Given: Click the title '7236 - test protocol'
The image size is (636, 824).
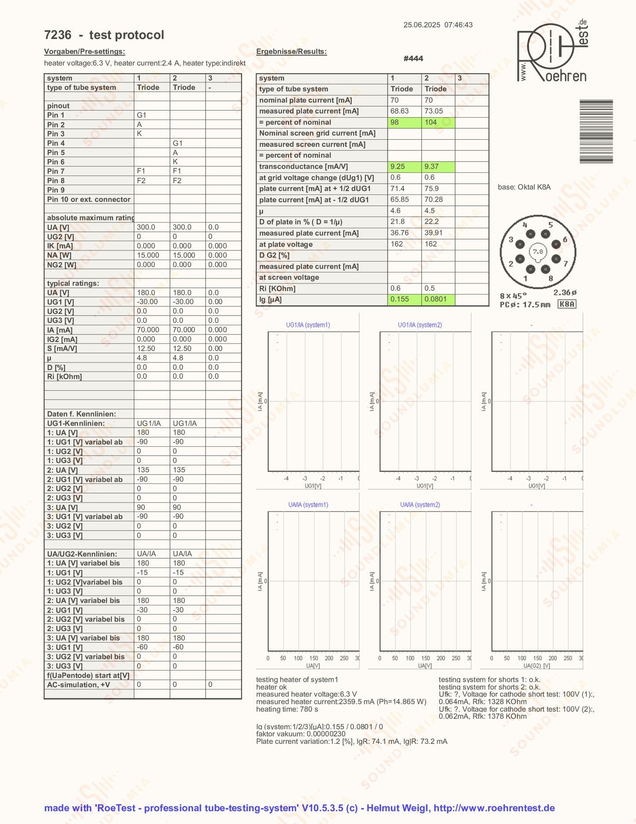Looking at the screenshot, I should coord(104,35).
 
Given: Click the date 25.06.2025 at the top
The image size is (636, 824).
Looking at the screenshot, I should coord(422,25).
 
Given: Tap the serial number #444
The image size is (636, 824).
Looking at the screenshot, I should coord(413,58).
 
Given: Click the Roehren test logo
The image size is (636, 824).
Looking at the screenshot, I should coord(552,52).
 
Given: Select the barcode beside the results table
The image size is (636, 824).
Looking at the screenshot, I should coord(596,131).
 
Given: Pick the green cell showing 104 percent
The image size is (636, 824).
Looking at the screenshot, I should coord(431,122).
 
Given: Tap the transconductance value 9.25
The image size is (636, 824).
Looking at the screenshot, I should coord(397,166).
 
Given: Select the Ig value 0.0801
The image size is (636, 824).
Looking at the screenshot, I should coord(435,299).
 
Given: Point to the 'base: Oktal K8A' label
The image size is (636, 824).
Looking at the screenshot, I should coord(524,187).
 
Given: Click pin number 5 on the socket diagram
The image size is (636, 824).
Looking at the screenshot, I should coord(550,225).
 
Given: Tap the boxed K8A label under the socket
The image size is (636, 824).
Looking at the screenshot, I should coord(566,304).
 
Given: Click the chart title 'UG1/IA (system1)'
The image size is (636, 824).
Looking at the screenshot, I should coord(308,325).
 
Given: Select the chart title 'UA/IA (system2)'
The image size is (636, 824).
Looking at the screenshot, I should coord(420,505).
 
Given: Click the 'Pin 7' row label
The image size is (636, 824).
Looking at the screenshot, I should coord(56,171).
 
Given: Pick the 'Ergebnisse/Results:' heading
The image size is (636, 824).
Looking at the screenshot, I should coord(291,52).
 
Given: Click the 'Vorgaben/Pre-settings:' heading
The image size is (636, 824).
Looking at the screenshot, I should coord(85,52).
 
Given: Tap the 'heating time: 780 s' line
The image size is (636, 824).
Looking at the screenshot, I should coord(287,709).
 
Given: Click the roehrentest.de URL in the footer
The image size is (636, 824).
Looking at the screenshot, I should coord(494,808).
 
